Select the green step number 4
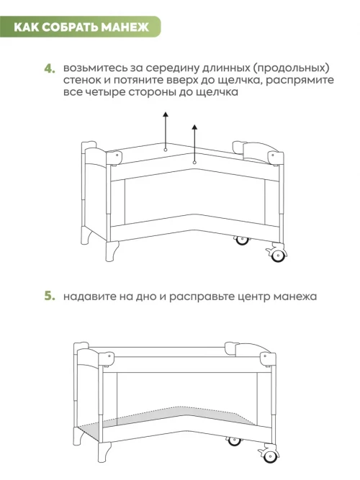pos(50,68)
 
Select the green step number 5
pos(50,296)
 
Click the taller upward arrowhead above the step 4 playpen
pos(166,114)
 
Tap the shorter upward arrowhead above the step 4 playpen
pos(194,127)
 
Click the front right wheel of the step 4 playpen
pos(278,255)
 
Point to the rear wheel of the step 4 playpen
pos(242,240)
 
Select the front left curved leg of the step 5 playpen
pos(104,452)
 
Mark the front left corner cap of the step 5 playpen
pos(106,359)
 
